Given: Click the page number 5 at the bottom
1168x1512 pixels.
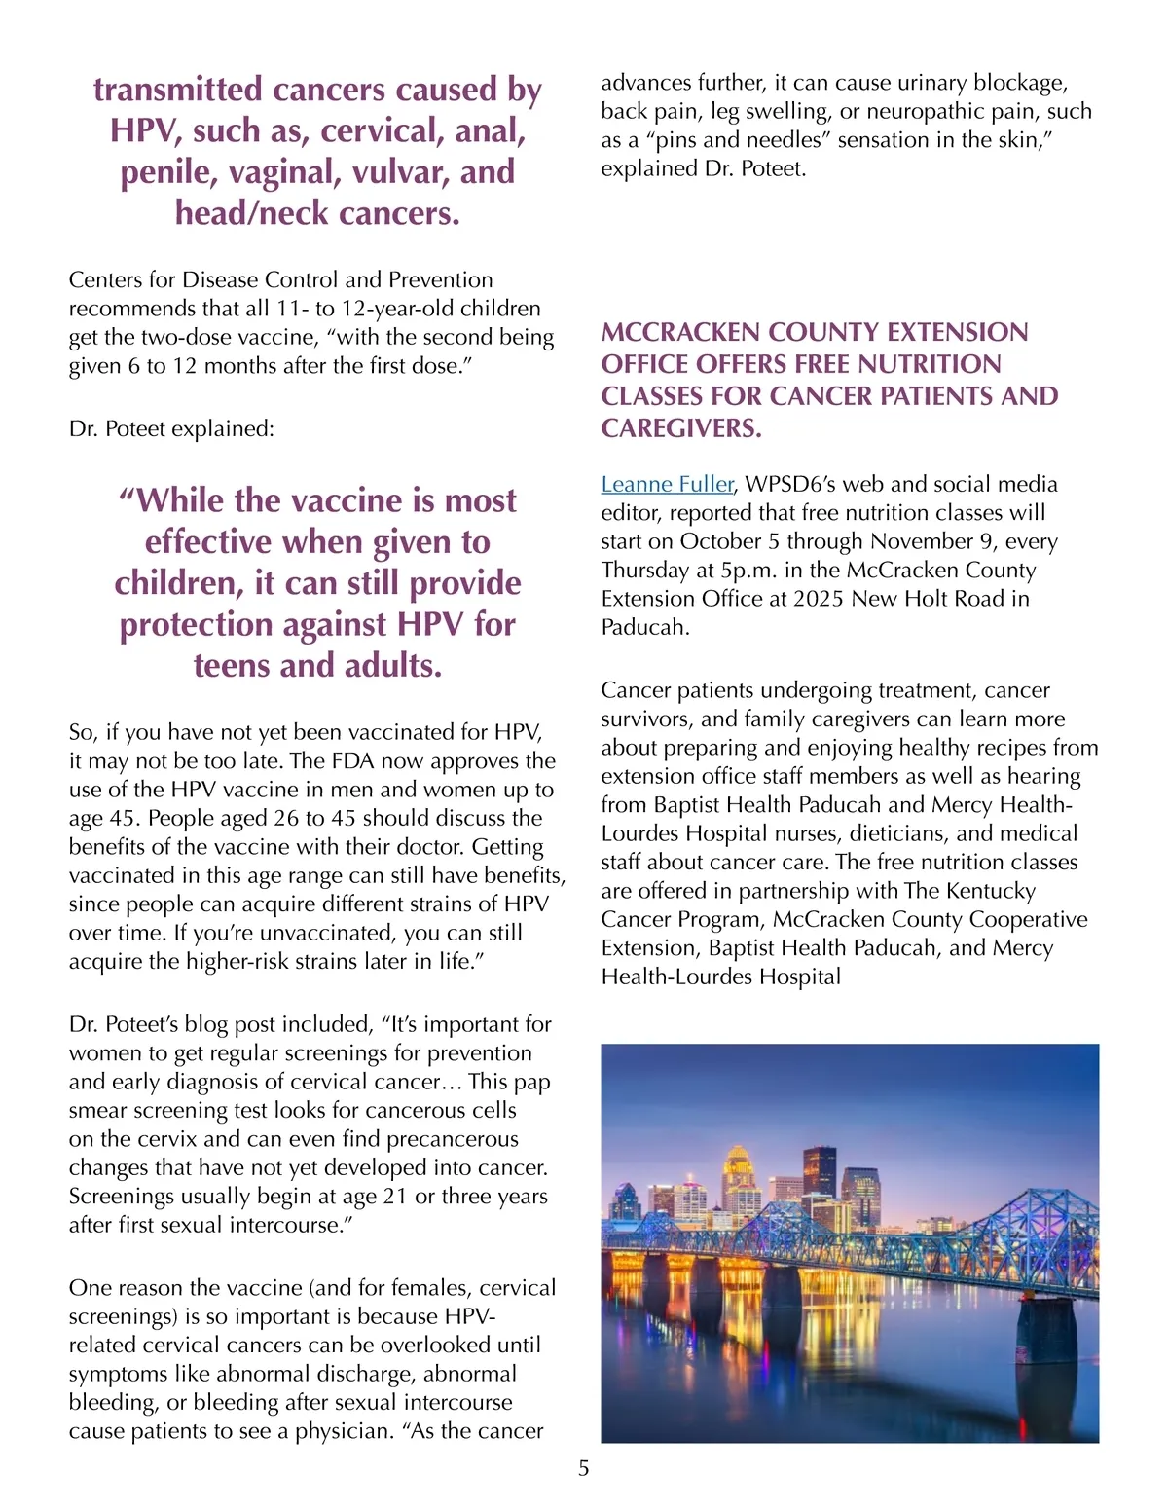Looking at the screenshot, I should [583, 1468].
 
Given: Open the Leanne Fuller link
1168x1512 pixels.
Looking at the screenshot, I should [667, 484].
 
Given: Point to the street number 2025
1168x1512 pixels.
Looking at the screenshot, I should [819, 599].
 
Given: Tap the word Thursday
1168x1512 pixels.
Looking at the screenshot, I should [645, 570].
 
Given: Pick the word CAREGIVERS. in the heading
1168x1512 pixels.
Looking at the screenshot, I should [681, 428].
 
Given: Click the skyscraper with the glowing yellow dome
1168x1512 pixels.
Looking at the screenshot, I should [742, 1173].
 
